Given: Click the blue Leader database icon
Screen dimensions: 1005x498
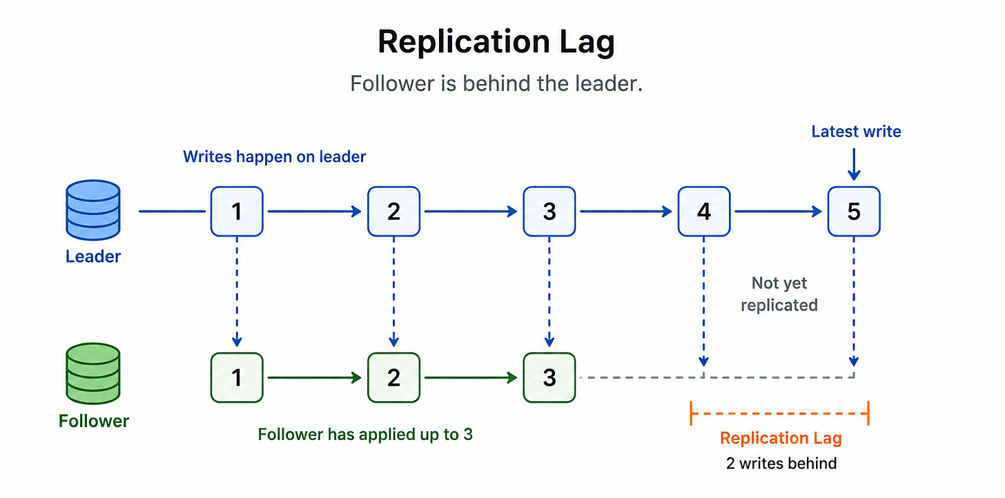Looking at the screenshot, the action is click(x=93, y=210).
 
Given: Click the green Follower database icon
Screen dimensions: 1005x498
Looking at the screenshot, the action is click(x=93, y=373).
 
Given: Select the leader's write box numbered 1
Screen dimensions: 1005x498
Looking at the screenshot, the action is click(x=237, y=211).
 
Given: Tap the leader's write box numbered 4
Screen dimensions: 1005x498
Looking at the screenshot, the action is click(x=704, y=211).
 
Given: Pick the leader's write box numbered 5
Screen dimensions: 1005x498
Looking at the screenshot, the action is click(x=854, y=211).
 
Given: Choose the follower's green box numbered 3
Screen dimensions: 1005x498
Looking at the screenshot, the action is click(x=549, y=377).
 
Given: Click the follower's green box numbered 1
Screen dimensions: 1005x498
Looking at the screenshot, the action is click(x=237, y=377).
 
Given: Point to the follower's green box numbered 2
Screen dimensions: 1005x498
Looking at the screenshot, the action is click(x=393, y=377).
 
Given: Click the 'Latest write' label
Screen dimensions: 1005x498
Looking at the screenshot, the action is click(x=856, y=131).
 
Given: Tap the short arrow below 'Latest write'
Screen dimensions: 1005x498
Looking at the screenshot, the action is click(x=854, y=165).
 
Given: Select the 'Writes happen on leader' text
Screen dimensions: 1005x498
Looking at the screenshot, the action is click(x=274, y=157).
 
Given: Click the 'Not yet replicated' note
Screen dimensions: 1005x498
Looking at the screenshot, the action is click(x=779, y=294).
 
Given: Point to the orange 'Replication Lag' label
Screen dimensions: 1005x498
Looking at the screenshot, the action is click(x=781, y=438).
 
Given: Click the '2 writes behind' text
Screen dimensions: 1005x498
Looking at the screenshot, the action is click(x=781, y=463).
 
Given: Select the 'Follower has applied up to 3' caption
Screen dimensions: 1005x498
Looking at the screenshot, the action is click(x=365, y=435).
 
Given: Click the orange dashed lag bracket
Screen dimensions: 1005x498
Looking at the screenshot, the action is click(x=780, y=413).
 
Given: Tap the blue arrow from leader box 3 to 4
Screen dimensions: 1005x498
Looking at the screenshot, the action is click(x=626, y=211).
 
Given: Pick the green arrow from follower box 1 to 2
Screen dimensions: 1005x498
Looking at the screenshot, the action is click(x=315, y=377).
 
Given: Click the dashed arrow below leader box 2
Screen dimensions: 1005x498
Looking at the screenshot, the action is click(x=393, y=292).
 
